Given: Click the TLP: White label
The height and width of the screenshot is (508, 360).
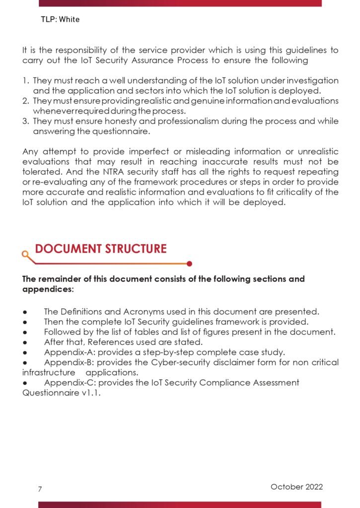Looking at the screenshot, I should pyautogui.click(x=60, y=20).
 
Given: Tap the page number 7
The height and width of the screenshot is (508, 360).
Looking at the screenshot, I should pyautogui.click(x=40, y=489).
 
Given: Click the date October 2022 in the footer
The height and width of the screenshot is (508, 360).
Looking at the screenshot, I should pyautogui.click(x=296, y=487).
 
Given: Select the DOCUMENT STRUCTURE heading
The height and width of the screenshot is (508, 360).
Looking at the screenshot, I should pyautogui.click(x=101, y=249).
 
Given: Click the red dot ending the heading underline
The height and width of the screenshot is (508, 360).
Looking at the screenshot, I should pyautogui.click(x=190, y=264).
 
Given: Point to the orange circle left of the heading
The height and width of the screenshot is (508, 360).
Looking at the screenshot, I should pyautogui.click(x=25, y=254).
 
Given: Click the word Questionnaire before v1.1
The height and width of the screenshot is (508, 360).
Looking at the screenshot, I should pyautogui.click(x=47, y=392).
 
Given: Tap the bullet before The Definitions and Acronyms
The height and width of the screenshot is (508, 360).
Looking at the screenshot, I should pyautogui.click(x=24, y=312).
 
